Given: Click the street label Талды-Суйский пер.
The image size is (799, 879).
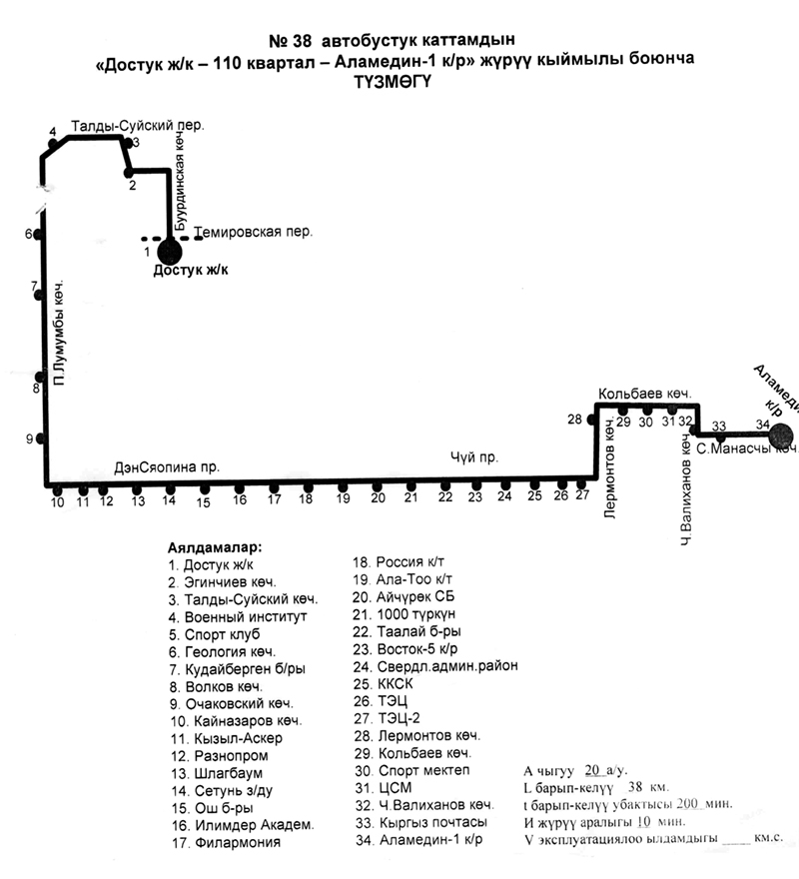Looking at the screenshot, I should point(138,126).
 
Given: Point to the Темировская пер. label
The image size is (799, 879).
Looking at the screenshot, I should point(254,232).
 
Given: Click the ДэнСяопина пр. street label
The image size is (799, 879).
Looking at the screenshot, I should point(166,467).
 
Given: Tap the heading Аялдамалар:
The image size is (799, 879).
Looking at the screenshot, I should point(215,547).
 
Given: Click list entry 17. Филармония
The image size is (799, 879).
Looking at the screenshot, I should point(225,842).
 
